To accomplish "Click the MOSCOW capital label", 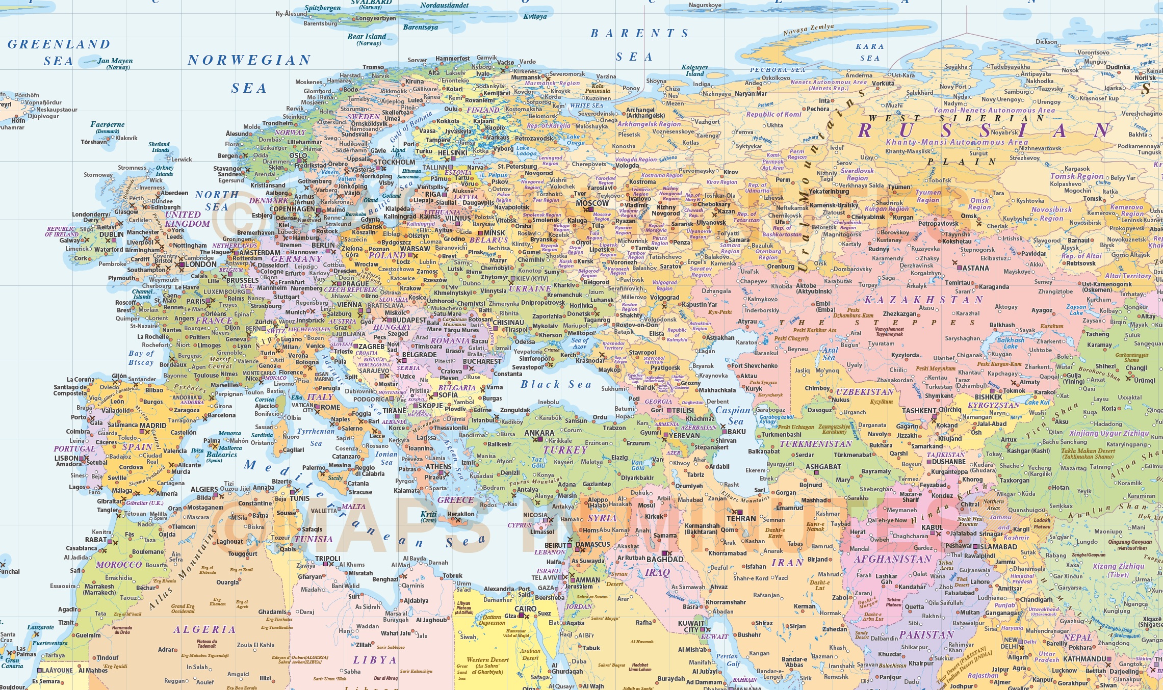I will click(592, 203).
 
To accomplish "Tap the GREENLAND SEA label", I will click(59, 52).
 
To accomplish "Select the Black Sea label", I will click(555, 384).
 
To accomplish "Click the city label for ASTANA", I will click(975, 268).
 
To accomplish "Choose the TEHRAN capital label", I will click(741, 519).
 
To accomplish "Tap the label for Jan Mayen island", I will click(115, 61).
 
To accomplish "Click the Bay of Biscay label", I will click(141, 358).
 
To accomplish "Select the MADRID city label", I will click(152, 426).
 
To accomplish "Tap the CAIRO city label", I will click(525, 609).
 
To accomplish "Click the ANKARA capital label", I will click(539, 433).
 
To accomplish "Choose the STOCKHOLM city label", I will click(395, 163).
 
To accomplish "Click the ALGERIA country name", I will click(204, 630).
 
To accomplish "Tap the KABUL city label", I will click(932, 527).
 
